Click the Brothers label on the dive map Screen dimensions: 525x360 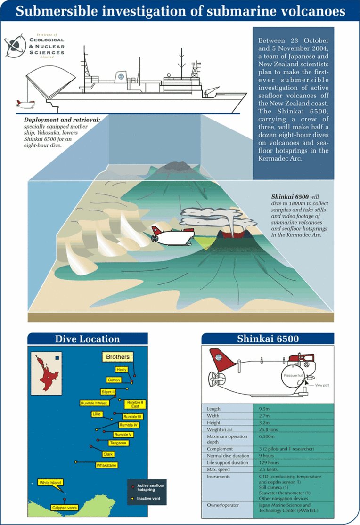(117, 357)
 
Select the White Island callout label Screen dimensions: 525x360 (50, 483)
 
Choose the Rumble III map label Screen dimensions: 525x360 (132, 417)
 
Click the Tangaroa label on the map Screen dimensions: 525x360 (118, 443)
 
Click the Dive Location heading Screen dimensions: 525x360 (87, 339)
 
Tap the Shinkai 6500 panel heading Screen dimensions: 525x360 (268, 339)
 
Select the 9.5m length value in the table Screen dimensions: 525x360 (264, 409)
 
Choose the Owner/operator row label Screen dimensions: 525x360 (223, 505)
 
